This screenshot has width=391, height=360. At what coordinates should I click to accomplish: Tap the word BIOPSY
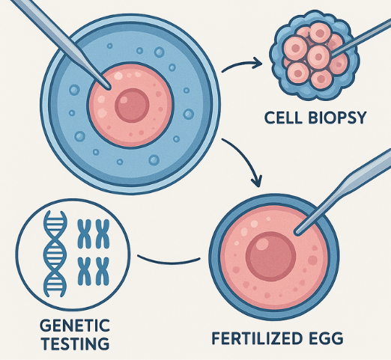(333, 118)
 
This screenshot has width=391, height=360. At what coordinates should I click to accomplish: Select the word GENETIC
(75, 325)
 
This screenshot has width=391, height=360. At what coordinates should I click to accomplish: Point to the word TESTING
(76, 344)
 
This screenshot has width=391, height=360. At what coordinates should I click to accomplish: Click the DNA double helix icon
(55, 254)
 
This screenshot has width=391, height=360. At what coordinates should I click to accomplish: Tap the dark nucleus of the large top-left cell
(132, 106)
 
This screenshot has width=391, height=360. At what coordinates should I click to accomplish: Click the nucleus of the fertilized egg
(270, 257)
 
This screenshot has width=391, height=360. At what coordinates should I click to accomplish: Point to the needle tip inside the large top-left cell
(109, 88)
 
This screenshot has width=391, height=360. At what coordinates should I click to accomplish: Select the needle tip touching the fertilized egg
(297, 234)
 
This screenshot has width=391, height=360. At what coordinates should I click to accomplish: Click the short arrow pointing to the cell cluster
(242, 64)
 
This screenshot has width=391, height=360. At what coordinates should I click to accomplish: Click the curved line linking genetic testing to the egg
(169, 261)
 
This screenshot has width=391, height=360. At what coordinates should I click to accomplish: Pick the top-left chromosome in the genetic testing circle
(85, 234)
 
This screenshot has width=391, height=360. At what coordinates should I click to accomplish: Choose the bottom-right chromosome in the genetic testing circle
(103, 272)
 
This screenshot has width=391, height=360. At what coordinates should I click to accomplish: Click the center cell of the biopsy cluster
(318, 56)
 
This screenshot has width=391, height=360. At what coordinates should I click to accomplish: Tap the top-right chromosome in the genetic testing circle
(103, 234)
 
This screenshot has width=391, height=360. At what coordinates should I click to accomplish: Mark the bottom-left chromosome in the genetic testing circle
(85, 272)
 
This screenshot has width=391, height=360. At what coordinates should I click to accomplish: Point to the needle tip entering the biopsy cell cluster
(332, 54)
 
